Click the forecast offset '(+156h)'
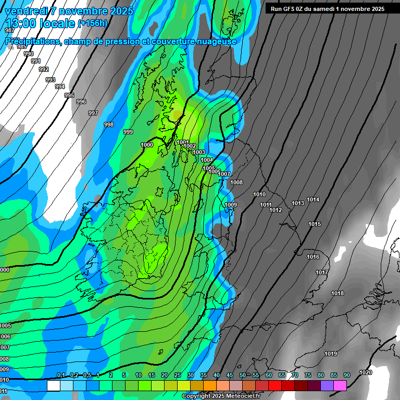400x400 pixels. coord(92,23)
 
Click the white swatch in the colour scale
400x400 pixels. coord(53,385)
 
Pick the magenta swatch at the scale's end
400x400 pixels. coord(340,385)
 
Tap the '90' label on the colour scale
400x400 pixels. coord(347,376)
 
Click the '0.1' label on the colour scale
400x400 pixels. coord(61,376)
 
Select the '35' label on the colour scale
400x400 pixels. coord(204,376)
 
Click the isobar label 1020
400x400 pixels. coord(366,372)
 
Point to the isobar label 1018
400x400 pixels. coord(337,294)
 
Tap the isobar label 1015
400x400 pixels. coord(315,224)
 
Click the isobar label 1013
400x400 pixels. coord(298,203)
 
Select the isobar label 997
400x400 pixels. coord(93,113)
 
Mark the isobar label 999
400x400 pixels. coord(128,132)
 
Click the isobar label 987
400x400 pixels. coord(9,31)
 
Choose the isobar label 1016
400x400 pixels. coord(313,257)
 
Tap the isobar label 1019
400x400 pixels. coord(331,354)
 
